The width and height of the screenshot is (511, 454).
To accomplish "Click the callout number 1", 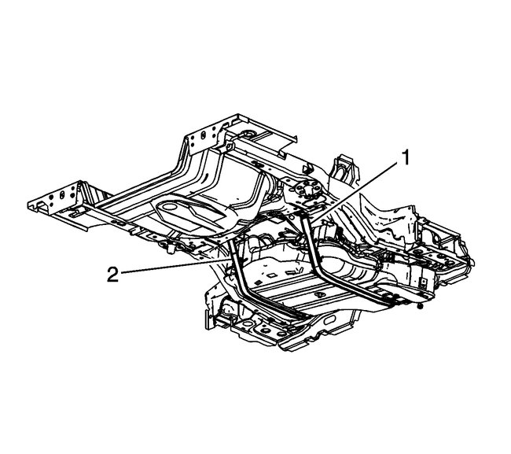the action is pyautogui.click(x=405, y=158).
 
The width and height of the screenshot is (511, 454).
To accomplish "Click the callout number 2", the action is pyautogui.click(x=112, y=274).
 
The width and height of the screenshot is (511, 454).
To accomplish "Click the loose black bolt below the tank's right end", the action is pyautogui.click(x=420, y=306).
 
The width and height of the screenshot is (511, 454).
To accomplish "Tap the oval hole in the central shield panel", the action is pyautogui.click(x=169, y=207).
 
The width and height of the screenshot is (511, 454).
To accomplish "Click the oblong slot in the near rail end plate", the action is pyautogui.click(x=62, y=195).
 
